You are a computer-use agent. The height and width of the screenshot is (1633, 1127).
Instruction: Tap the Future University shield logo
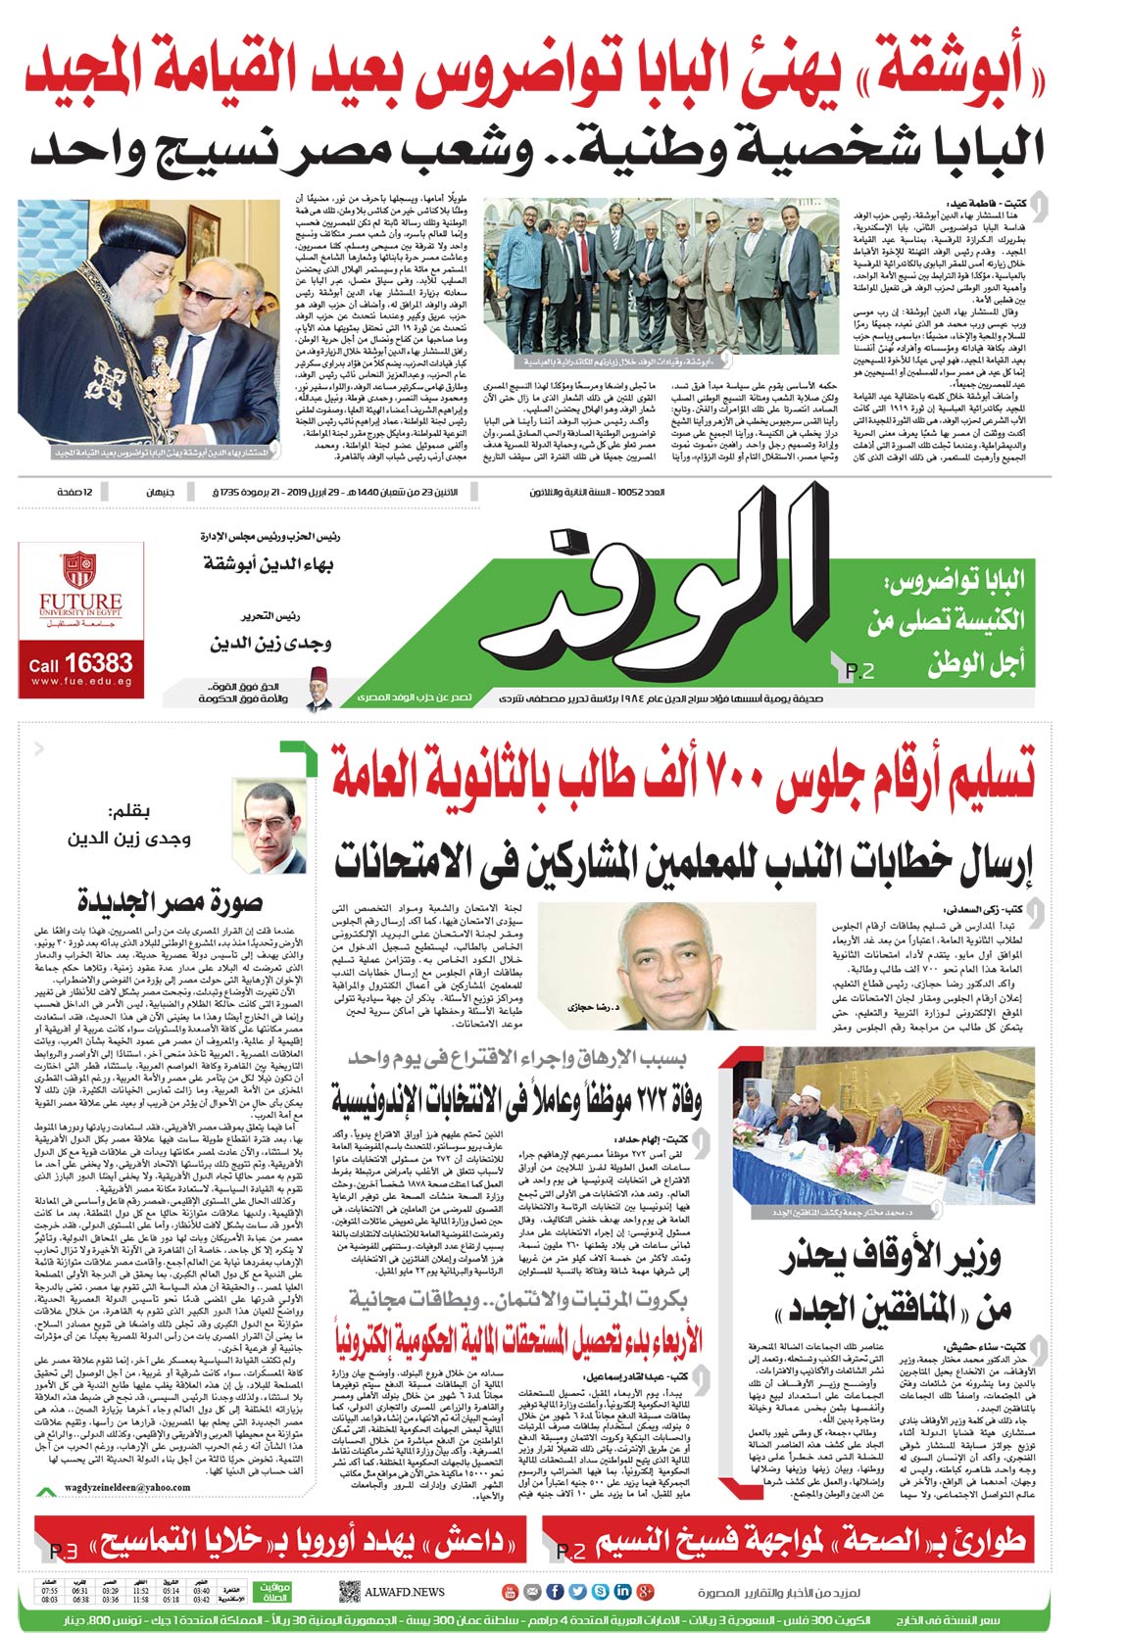click(78, 569)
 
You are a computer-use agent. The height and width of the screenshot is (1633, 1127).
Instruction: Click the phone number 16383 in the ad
click(100, 663)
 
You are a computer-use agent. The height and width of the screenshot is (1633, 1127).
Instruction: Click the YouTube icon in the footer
click(510, 1592)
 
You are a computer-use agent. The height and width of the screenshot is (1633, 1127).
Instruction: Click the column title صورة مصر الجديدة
click(170, 899)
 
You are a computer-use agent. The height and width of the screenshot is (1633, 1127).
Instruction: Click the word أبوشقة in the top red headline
click(941, 76)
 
